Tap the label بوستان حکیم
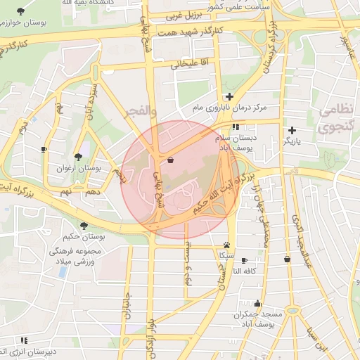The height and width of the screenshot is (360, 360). [84, 238]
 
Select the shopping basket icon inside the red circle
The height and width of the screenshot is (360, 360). [172, 160]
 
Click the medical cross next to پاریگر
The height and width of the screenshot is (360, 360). [292, 130]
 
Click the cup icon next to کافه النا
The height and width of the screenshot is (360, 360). [245, 260]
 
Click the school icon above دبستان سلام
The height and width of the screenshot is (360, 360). [236, 127]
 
